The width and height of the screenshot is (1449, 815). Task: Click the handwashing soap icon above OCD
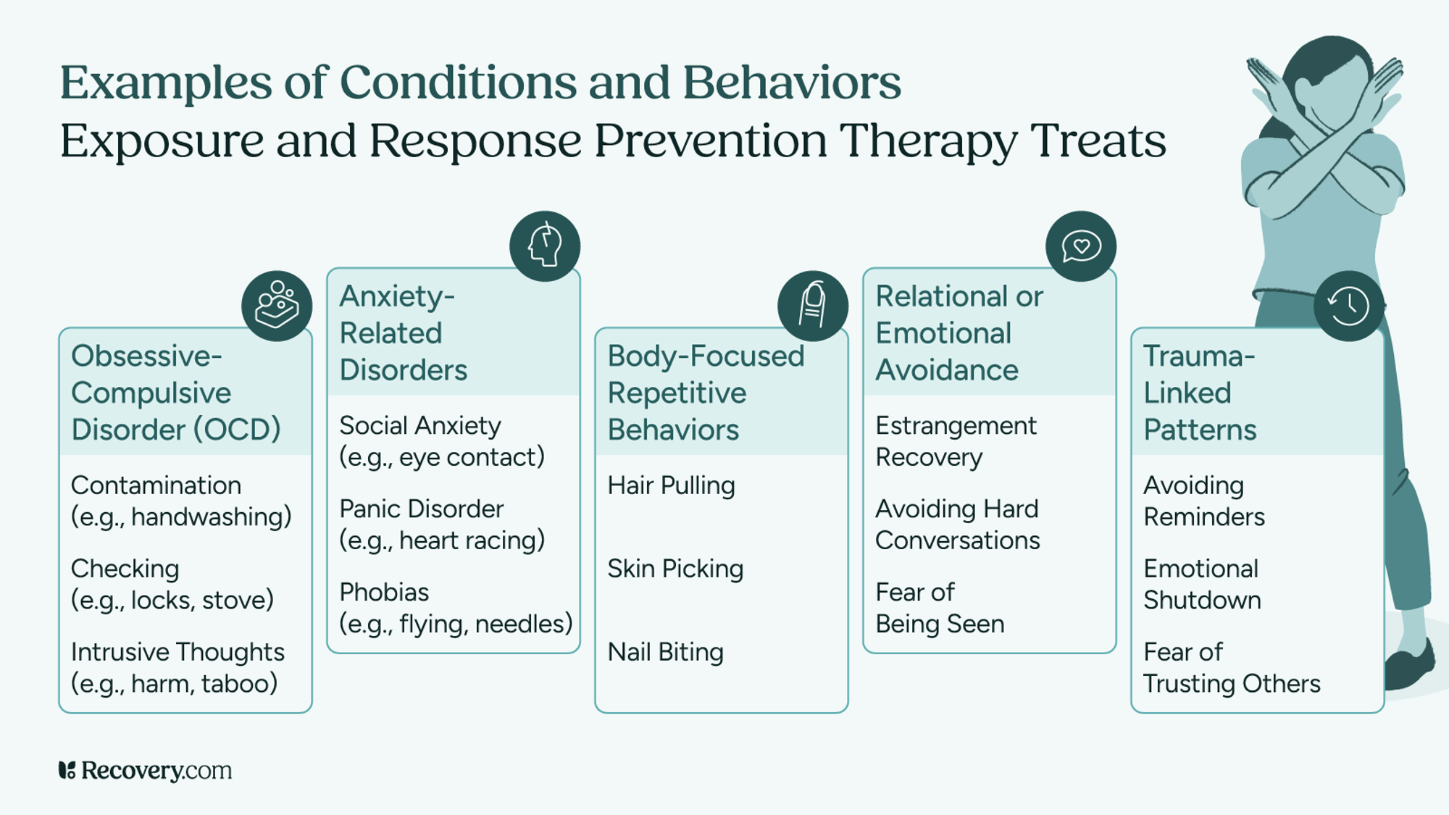coord(277,306)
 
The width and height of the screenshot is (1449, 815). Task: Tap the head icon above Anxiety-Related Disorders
coord(545,246)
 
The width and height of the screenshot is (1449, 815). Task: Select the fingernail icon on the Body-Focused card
coord(813,306)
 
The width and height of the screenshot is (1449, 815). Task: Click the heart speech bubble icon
coord(1081,246)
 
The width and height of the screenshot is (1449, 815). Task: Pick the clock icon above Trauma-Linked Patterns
coord(1348,306)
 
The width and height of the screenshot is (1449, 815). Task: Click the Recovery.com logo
coord(145,770)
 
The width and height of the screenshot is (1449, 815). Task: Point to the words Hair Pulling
coord(671,485)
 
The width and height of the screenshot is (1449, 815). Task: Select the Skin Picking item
coord(675,569)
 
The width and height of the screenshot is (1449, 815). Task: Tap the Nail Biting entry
coord(665,652)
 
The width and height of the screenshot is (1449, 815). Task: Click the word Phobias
coord(384,593)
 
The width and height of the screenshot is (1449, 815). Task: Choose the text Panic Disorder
coord(421,509)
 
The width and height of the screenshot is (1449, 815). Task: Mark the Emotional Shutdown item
coord(1202,585)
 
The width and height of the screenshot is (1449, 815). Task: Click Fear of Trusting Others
coord(1232,668)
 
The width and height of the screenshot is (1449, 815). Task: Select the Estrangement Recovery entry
coord(956,441)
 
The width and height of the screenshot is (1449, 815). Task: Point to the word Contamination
coord(156,485)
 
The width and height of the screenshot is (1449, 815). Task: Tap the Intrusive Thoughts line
coord(178,652)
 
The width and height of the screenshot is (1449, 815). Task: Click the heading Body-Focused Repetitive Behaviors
coord(706,393)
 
